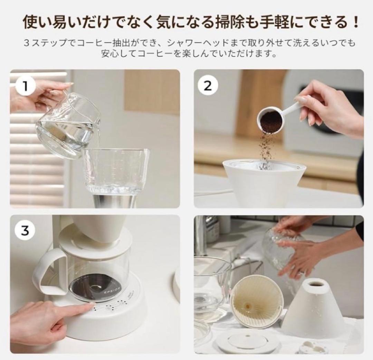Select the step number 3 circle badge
[x=25, y=231]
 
